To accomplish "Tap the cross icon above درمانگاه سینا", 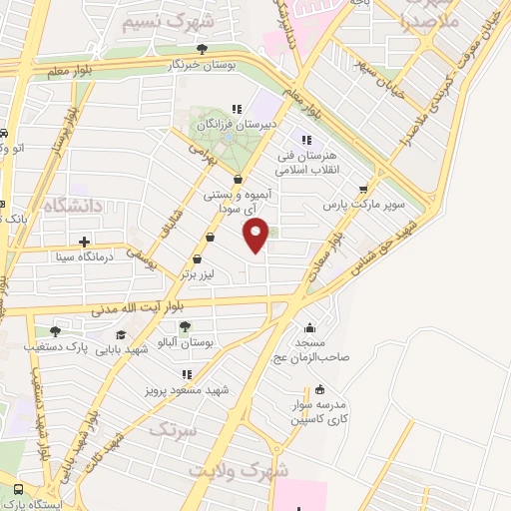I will (85, 241).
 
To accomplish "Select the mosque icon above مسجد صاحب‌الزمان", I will (312, 327).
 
